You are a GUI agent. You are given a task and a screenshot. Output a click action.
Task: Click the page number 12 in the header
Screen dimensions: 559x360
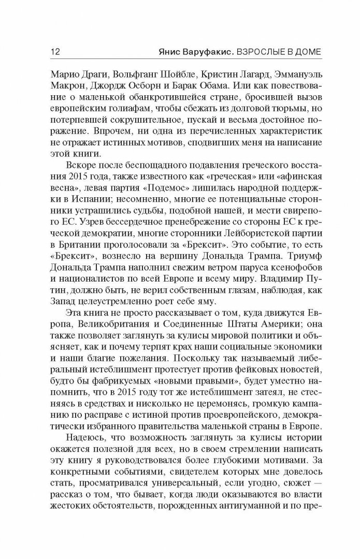53,51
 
